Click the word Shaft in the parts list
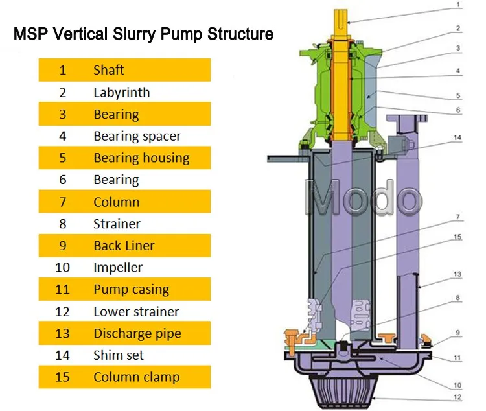click(x=108, y=70)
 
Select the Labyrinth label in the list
click(x=121, y=92)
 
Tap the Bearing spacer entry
click(x=137, y=136)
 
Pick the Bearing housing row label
click(x=141, y=158)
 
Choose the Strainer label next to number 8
click(x=117, y=224)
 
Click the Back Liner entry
click(x=124, y=246)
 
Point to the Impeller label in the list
click(x=117, y=267)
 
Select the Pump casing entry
click(x=131, y=290)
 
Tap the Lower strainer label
click(x=136, y=312)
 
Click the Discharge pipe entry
click(x=137, y=334)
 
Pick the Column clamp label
click(x=136, y=377)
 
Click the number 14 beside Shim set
click(x=62, y=355)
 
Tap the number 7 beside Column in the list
click(x=62, y=202)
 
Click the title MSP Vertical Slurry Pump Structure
click(x=143, y=33)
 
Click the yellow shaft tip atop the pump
click(x=341, y=22)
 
